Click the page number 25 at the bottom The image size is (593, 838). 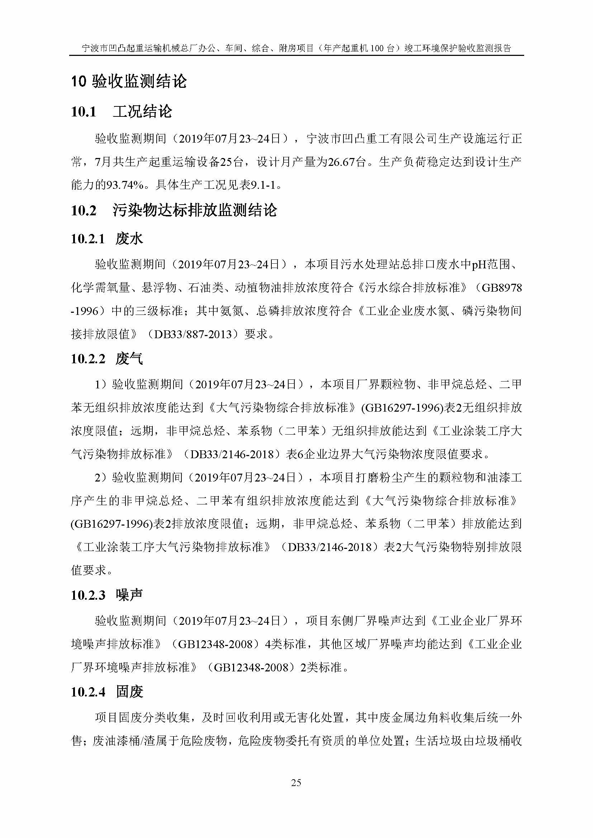pos(296,783)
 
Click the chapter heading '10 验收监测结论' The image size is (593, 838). pos(129,81)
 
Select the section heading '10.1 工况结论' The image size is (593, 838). pos(121,112)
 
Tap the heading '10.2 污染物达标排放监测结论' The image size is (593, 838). pos(174,211)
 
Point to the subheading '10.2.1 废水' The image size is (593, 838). pos(106,239)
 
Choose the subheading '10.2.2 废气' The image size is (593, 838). pos(106,359)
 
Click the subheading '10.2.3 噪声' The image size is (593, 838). pos(106,595)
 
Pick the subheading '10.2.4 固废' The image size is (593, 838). pos(106,691)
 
